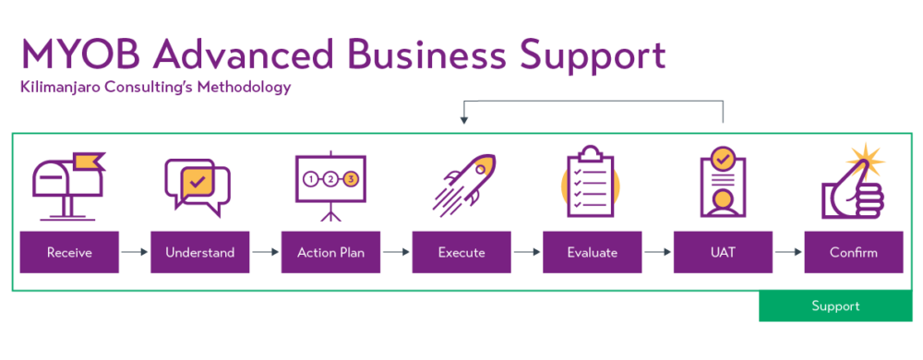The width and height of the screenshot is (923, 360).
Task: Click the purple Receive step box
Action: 70,252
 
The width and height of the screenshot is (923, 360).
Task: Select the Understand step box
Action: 200,252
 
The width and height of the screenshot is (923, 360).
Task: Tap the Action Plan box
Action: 330,252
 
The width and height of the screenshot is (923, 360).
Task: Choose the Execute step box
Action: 461,252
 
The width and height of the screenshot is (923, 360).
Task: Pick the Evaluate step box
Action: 593,252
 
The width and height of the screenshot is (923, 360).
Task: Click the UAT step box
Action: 723,252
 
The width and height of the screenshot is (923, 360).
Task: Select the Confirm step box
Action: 854,252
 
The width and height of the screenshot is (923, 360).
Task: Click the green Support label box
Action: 835,306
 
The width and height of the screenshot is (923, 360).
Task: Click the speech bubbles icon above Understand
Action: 197,186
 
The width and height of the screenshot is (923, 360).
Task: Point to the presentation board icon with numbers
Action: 330,185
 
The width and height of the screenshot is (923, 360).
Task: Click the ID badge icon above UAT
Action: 723,183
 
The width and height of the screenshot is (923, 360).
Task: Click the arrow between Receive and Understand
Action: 135,252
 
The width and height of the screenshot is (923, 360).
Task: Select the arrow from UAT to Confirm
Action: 788,252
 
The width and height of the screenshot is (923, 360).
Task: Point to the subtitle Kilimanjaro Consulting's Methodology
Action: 155,89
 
